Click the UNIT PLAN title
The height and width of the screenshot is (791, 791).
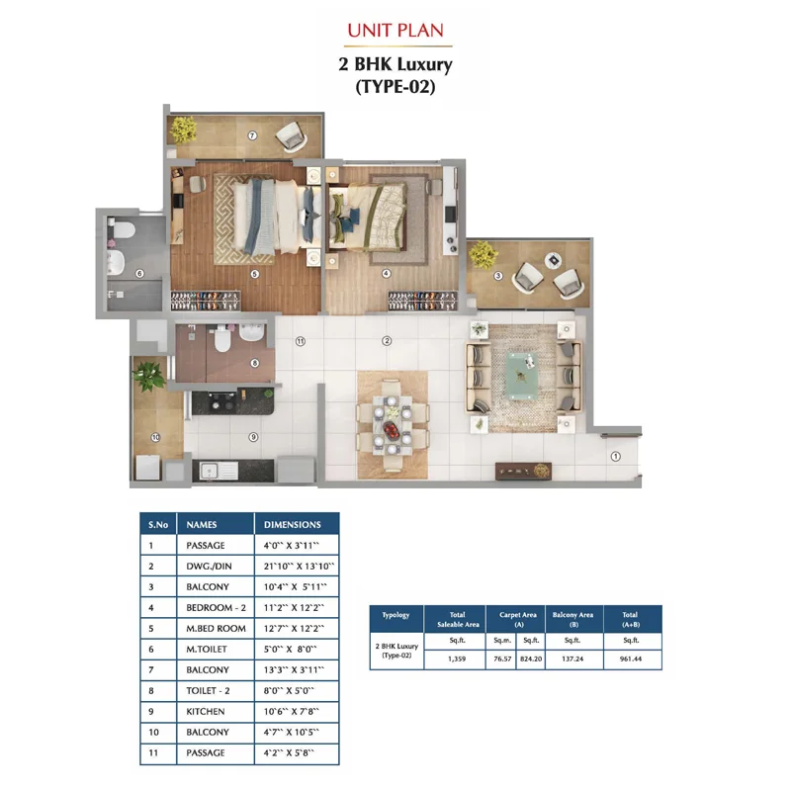pos(395,31)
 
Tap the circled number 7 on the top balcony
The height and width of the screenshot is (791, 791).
pos(252,135)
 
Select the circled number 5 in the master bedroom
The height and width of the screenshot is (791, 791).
pos(255,274)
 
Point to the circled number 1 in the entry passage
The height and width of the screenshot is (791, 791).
pos(615,456)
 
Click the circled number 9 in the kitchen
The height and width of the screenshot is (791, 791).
pos(253,437)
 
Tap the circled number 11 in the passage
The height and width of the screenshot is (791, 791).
pos(301,341)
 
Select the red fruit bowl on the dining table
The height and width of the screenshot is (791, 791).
pos(391,430)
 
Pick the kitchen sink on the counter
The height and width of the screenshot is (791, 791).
pos(219,471)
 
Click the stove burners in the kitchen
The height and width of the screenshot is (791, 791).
pos(222,402)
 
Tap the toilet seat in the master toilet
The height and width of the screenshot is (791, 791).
pos(123,230)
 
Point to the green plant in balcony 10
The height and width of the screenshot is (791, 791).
pos(149,376)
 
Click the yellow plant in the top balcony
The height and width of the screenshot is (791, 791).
pos(183,130)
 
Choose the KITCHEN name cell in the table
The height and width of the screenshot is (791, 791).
pos(206,711)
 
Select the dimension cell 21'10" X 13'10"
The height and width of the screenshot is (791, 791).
pos(299,566)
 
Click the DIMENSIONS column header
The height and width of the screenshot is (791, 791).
pos(292,525)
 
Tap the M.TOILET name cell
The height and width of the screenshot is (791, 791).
pos(207,650)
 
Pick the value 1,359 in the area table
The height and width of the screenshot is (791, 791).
pos(457,659)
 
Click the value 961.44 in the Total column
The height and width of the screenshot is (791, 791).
pos(631,659)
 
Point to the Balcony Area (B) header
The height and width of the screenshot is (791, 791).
pos(573,620)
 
